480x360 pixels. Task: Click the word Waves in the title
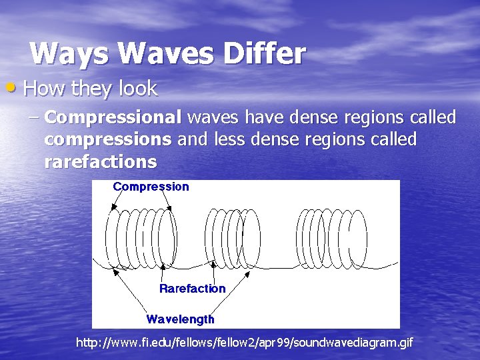[x=148, y=53]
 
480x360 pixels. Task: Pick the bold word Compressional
[x=113, y=119]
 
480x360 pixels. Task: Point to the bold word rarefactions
[x=101, y=161]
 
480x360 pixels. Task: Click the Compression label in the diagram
[x=151, y=187]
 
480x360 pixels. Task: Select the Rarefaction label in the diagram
[x=192, y=288]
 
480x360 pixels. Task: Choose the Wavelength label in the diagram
[x=180, y=319]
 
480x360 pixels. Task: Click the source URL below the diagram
[x=245, y=343]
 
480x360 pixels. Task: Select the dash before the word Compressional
[x=35, y=119]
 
